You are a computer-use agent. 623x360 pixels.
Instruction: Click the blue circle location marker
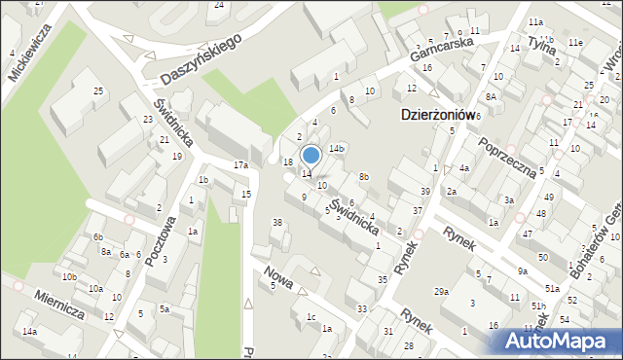[x=311, y=155]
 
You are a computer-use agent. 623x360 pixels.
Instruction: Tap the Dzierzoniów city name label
[x=437, y=114]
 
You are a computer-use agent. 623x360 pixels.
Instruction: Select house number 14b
[x=336, y=148]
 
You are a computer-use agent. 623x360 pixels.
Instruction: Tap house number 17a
[x=240, y=165]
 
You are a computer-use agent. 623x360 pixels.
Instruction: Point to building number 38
[x=276, y=223]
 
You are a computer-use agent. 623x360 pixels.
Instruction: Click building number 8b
[x=363, y=176]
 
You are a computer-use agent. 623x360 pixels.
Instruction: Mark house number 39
[x=424, y=191]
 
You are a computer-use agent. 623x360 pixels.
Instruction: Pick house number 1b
[x=203, y=180]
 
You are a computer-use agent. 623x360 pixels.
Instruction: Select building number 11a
[x=535, y=21]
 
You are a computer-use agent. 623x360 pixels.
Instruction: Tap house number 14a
[x=30, y=332]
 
